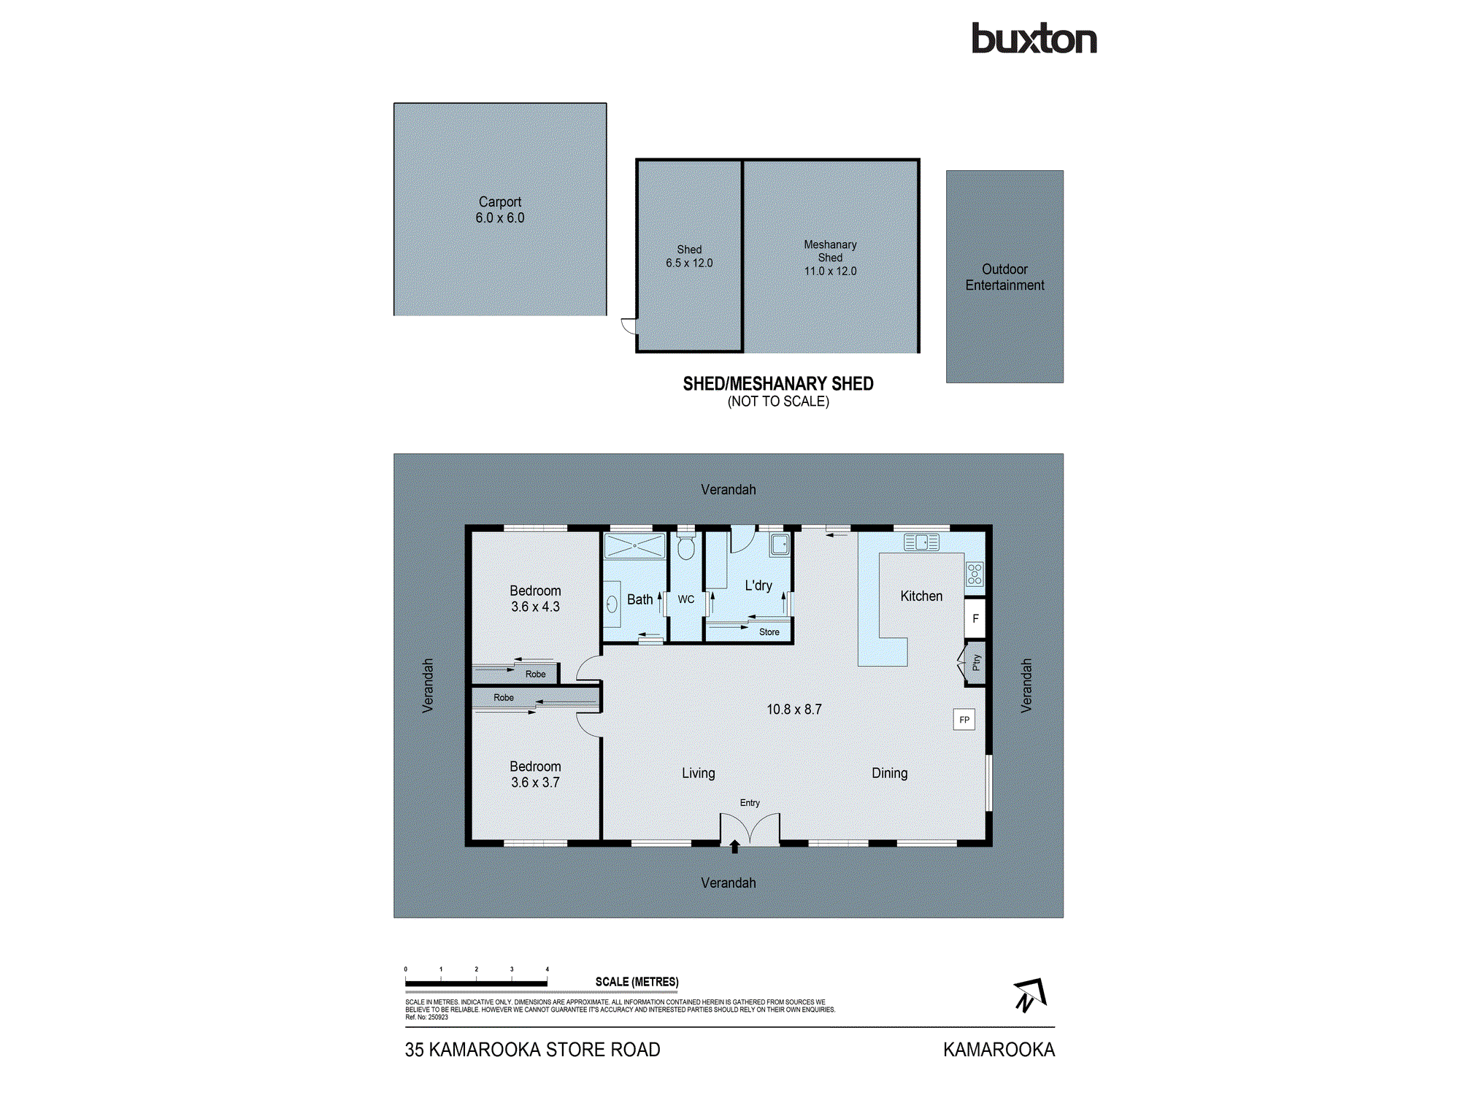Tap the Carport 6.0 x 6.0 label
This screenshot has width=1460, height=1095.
[500, 210]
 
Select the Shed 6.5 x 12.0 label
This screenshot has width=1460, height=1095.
[689, 256]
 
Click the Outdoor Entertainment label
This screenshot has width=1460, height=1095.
[1004, 277]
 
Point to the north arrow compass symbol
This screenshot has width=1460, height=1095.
[1030, 995]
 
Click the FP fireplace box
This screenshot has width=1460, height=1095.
[964, 720]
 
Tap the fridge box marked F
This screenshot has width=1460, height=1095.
[975, 618]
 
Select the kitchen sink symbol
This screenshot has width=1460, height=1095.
[921, 542]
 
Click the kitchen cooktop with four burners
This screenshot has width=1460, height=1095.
[975, 574]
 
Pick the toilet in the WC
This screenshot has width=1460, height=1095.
[685, 546]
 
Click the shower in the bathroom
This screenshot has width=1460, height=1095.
[635, 545]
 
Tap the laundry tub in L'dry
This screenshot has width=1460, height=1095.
[780, 545]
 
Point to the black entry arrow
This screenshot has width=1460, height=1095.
[735, 847]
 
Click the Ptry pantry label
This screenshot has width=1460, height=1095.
[976, 663]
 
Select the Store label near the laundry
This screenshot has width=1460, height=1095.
[769, 632]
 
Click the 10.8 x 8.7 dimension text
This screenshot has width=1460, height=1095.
[794, 710]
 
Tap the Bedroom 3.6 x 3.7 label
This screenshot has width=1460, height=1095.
[535, 775]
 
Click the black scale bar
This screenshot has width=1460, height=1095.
[476, 983]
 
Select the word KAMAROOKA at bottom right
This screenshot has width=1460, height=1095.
[999, 1050]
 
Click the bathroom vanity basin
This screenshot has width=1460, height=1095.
[612, 604]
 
